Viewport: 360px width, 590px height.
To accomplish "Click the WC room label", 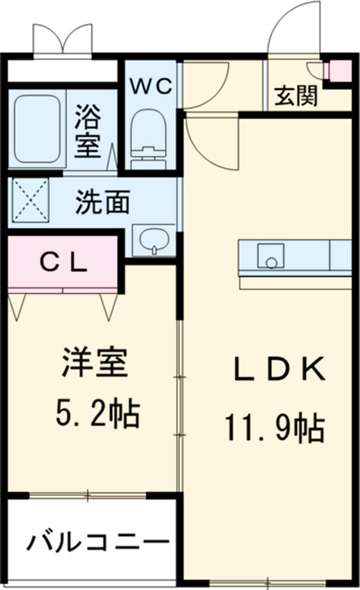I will click(152, 86).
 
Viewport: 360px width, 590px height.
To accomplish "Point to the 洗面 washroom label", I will click(102, 203).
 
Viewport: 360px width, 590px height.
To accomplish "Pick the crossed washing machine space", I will click(29, 199).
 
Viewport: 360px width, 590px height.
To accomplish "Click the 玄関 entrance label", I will click(296, 95).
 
